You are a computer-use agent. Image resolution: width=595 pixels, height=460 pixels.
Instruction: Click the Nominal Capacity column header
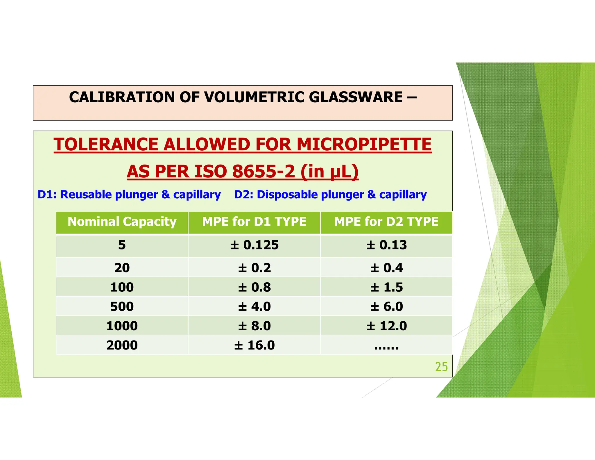pyautogui.click(x=122, y=222)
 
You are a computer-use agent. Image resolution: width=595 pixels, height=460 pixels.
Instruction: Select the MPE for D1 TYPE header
pyautogui.click(x=254, y=222)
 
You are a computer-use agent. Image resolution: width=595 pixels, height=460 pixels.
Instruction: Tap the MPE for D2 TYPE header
pyautogui.click(x=386, y=222)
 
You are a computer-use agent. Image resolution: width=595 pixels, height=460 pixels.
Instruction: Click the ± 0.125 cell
pyautogui.click(x=254, y=245)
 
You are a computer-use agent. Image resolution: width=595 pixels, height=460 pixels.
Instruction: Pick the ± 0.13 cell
pyautogui.click(x=386, y=245)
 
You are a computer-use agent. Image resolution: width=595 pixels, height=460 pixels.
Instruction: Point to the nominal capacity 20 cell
pyautogui.click(x=122, y=268)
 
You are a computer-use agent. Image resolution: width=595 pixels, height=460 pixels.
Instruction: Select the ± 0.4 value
pyautogui.click(x=386, y=268)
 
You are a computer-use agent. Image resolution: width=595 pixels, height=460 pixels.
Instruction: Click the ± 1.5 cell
pyautogui.click(x=386, y=287)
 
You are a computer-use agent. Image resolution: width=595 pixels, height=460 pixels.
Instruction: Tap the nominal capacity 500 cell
pyautogui.click(x=122, y=306)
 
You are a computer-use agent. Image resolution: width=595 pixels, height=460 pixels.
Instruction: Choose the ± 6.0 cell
pyautogui.click(x=386, y=306)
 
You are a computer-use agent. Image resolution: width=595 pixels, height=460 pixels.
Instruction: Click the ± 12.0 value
pyautogui.click(x=386, y=326)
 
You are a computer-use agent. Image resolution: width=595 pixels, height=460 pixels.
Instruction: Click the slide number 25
pyautogui.click(x=441, y=367)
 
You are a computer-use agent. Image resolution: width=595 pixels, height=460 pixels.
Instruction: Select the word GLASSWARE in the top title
pyautogui.click(x=356, y=97)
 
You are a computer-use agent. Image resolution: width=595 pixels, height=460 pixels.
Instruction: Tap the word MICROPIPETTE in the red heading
pyautogui.click(x=364, y=145)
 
